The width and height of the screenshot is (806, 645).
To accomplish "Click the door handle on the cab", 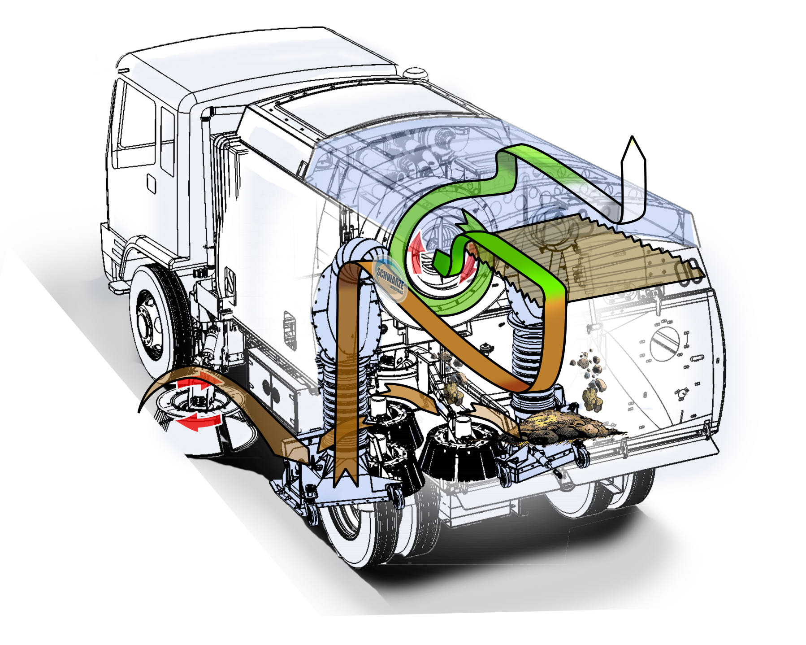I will tap(151, 183).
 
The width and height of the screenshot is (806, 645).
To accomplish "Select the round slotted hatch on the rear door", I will tap(665, 343).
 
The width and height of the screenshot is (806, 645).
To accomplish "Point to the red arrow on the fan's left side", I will tap(417, 253).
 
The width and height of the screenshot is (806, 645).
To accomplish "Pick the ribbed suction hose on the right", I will tap(527, 354).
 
